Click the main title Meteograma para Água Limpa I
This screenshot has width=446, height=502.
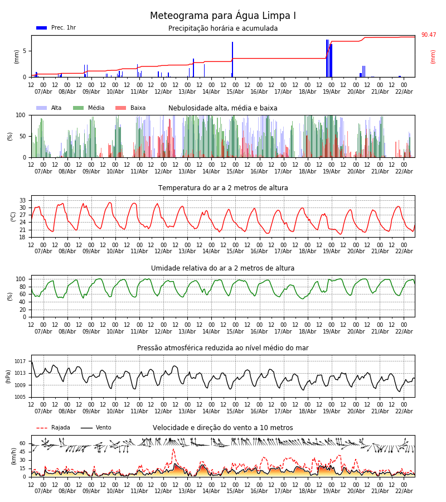[223, 16]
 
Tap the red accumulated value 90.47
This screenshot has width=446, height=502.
[428, 35]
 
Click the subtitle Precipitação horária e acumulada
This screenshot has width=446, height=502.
[223, 28]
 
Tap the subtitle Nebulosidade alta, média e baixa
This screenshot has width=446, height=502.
[223, 108]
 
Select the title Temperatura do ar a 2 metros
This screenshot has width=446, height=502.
[223, 188]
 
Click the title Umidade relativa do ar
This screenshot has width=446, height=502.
[223, 268]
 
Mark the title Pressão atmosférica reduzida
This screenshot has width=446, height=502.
[223, 348]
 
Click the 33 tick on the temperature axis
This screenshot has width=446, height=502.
[23, 200]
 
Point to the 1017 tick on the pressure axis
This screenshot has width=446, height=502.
[21, 361]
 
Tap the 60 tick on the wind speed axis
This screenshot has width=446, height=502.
[23, 443]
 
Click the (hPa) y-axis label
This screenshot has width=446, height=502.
[8, 376]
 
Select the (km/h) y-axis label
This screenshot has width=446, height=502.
[13, 456]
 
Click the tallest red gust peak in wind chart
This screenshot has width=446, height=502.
[173, 450]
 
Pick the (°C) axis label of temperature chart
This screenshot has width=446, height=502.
[13, 216]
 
